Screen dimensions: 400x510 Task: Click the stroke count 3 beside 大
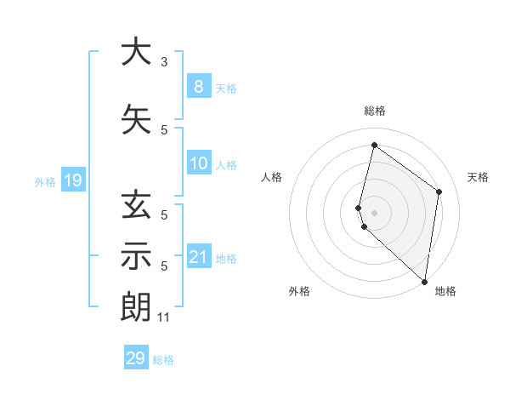164,62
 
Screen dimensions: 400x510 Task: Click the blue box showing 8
198,86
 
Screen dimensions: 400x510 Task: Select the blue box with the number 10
198,164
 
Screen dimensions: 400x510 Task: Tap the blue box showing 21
198,257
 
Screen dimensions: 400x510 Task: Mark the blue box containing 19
72,180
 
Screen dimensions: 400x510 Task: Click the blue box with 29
135,358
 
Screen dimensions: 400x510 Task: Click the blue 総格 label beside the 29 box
164,360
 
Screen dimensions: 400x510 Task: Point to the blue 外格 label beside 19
45,181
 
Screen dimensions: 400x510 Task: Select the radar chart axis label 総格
375,111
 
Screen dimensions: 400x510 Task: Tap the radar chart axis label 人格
271,177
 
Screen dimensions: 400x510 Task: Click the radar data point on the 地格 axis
424,282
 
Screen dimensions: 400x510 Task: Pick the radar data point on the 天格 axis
439,191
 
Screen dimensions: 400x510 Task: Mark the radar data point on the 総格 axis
374,145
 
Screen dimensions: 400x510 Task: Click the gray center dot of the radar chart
375,212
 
